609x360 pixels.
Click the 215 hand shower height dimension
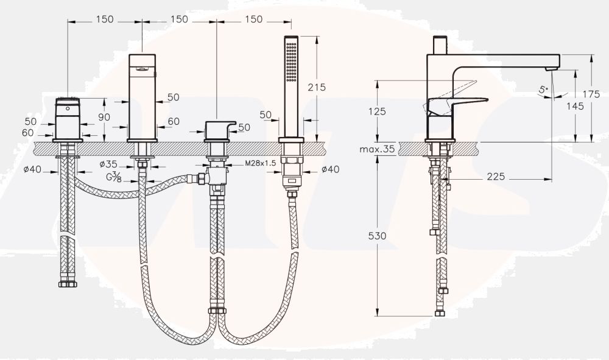click(x=317, y=87)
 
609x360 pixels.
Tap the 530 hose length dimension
click(x=377, y=236)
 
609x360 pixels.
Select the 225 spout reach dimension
click(x=496, y=177)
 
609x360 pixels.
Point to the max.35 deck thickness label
click(x=377, y=149)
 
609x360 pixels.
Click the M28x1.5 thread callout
click(x=260, y=163)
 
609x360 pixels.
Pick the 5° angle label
click(x=543, y=90)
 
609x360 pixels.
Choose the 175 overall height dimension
click(x=591, y=94)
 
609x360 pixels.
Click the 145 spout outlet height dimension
click(x=576, y=106)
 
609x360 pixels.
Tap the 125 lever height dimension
click(x=377, y=111)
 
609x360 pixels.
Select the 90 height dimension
click(x=104, y=117)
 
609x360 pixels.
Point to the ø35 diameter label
click(x=108, y=164)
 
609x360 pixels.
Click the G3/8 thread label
click(x=114, y=177)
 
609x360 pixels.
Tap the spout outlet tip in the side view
click(x=552, y=69)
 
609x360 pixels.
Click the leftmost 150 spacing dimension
click(x=105, y=19)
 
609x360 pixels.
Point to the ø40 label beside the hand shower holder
click(x=330, y=169)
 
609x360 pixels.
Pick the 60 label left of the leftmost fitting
click(x=27, y=133)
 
